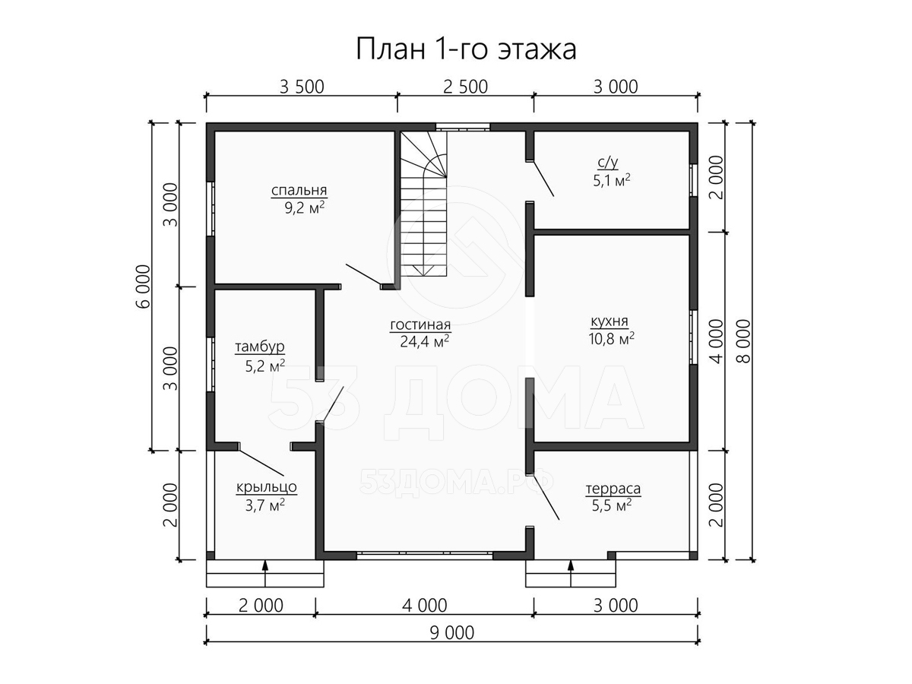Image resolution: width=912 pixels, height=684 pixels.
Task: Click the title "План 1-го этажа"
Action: coord(466,49)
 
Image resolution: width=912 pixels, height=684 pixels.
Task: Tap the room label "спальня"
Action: coord(299,191)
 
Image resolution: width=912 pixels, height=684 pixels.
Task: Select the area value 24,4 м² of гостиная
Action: coord(424,341)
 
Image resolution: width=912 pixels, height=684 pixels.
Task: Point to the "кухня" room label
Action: coord(609,321)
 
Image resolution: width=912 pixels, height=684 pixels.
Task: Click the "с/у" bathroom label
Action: coord(608,163)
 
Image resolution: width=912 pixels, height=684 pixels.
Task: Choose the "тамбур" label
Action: coord(260,347)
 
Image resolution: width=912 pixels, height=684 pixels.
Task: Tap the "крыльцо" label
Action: coord(266,486)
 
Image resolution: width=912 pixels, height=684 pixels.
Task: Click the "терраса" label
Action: coord(613,489)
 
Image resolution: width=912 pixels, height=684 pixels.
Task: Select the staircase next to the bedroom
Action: coord(424,204)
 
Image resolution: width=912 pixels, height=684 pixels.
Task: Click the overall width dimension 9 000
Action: coord(451,633)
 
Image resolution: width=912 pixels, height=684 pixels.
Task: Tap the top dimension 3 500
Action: coord(302,87)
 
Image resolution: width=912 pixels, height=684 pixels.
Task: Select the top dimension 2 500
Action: coord(465,87)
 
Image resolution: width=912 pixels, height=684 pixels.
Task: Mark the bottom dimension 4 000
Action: coord(425,606)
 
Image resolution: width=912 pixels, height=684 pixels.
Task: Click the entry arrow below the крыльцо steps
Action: coord(265,573)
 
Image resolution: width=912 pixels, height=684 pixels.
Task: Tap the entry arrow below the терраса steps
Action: coord(571,573)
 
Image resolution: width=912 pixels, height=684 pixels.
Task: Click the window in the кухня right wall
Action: coord(692,337)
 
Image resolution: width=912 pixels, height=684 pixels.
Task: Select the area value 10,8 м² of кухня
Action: coord(611,338)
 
